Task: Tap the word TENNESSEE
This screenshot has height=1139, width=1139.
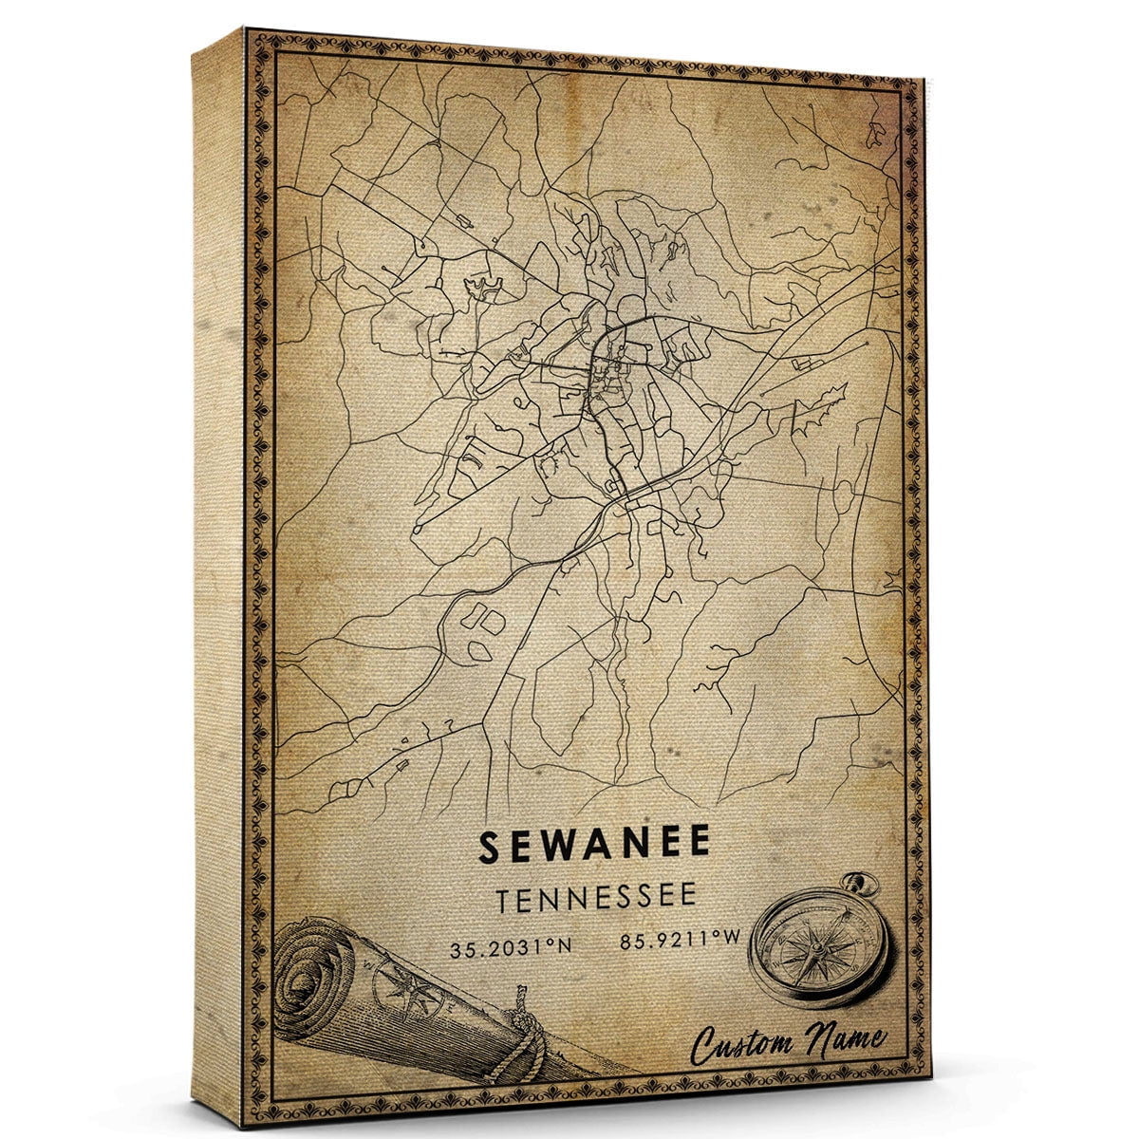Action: pyautogui.click(x=594, y=897)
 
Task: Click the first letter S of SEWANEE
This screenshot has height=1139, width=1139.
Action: pyautogui.click(x=489, y=846)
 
